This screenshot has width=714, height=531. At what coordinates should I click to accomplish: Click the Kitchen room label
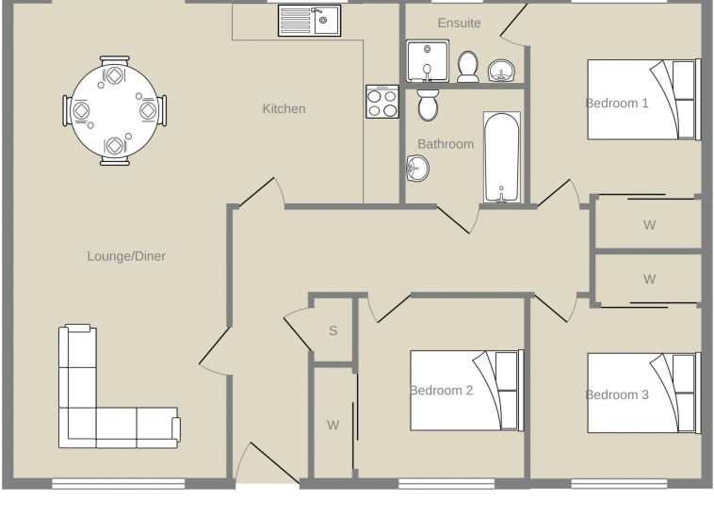click(284, 109)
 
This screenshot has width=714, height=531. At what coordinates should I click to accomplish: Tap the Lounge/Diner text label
click(126, 256)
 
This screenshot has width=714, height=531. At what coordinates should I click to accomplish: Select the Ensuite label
click(459, 23)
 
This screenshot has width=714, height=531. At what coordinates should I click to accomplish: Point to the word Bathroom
click(446, 144)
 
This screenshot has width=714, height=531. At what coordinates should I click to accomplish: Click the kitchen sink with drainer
click(309, 21)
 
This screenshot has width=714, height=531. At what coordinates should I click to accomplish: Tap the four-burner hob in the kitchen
click(382, 102)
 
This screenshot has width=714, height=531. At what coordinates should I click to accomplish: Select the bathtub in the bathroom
click(502, 157)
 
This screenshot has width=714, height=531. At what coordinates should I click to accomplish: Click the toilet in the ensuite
click(467, 67)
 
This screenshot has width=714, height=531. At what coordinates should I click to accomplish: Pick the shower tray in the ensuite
click(428, 61)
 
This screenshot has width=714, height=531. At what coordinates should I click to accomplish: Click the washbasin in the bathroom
click(417, 168)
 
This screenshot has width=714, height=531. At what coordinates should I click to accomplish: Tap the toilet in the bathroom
click(428, 105)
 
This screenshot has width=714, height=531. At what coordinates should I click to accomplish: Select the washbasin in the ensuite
click(501, 71)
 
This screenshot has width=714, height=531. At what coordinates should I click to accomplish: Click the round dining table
click(114, 110)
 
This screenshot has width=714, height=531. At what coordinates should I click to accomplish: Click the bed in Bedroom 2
click(467, 391)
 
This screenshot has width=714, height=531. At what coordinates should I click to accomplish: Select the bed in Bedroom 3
click(644, 394)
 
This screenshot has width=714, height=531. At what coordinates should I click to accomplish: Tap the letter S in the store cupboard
click(333, 330)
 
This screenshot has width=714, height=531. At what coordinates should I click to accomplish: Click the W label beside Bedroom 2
click(333, 425)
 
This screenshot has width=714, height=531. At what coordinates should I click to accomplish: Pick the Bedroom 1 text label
click(617, 104)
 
